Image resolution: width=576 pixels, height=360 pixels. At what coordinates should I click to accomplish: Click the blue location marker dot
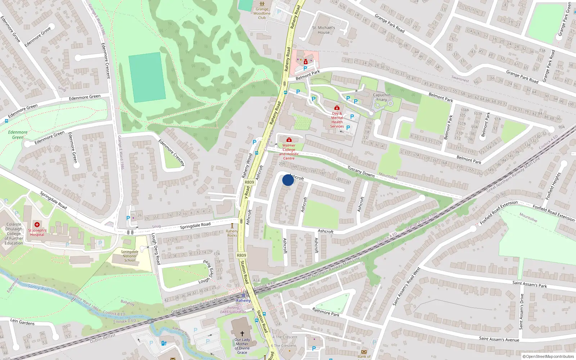[288, 180]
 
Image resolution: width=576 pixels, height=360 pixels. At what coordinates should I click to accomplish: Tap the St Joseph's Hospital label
[37, 232]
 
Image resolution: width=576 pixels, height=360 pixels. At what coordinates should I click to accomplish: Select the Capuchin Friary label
[382, 97]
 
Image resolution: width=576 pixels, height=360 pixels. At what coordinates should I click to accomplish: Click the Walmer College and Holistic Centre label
[289, 152]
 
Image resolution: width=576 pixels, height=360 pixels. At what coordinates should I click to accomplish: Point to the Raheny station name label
[243, 300]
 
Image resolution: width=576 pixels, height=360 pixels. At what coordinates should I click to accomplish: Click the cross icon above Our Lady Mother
[242, 334]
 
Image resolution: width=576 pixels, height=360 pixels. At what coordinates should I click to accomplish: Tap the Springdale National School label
[130, 256]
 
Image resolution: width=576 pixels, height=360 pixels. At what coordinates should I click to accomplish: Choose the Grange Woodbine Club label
[262, 14]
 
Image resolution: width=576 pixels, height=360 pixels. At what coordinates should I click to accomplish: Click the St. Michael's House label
[323, 30]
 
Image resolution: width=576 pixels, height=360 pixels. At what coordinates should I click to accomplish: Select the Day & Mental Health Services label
[337, 120]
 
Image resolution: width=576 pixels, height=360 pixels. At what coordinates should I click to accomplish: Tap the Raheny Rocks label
[232, 233]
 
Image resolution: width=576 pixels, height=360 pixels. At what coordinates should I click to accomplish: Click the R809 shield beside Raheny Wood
[249, 182]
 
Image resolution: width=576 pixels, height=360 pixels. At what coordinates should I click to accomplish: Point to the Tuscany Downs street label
[361, 171]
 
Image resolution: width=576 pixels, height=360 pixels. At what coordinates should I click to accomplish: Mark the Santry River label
[40, 287]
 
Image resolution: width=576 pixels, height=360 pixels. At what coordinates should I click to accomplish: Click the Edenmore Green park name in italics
[18, 135]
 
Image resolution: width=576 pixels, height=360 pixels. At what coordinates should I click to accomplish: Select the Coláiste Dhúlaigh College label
[14, 233]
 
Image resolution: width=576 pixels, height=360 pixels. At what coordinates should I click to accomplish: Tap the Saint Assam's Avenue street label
[499, 339]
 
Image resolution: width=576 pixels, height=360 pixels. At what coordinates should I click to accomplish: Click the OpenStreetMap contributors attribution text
[548, 356]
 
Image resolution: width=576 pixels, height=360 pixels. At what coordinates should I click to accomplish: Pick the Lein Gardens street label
[22, 322]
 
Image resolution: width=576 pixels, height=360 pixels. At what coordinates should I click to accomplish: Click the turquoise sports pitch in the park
[147, 77]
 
